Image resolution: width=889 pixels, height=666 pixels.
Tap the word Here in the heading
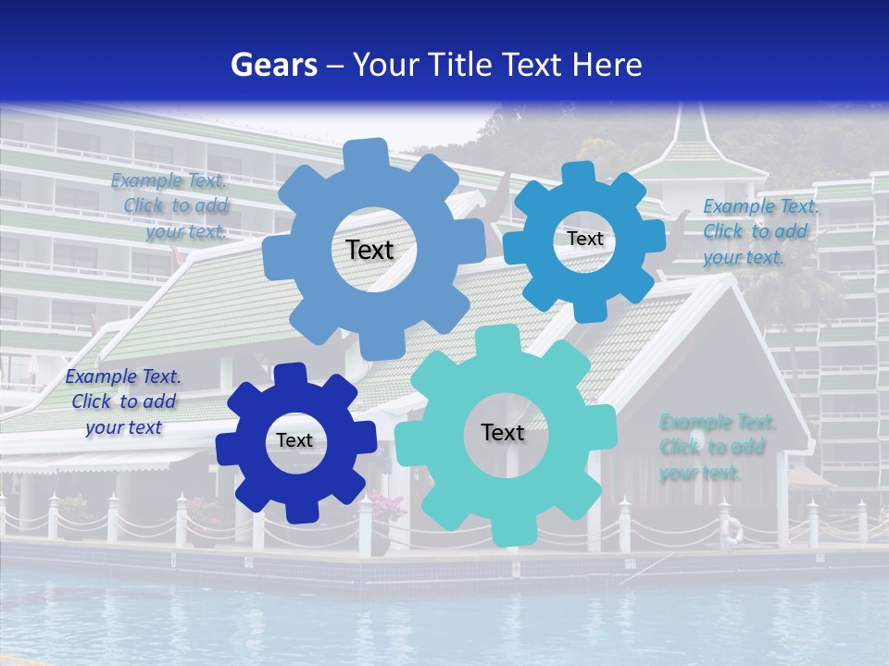point(607,65)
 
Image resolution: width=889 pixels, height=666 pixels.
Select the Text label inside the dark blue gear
point(294,441)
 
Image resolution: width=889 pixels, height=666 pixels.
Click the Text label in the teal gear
point(503,433)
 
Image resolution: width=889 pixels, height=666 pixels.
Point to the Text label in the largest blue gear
point(370,250)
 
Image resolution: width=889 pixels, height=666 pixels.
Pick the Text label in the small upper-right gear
point(585,239)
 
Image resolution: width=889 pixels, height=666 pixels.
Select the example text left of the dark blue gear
point(122,401)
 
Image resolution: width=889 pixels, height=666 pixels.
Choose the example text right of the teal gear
point(717,448)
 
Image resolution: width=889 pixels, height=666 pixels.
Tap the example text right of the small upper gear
point(759,231)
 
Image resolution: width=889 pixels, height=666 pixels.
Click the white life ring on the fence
point(732,531)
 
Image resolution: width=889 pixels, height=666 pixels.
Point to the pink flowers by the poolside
point(387,505)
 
